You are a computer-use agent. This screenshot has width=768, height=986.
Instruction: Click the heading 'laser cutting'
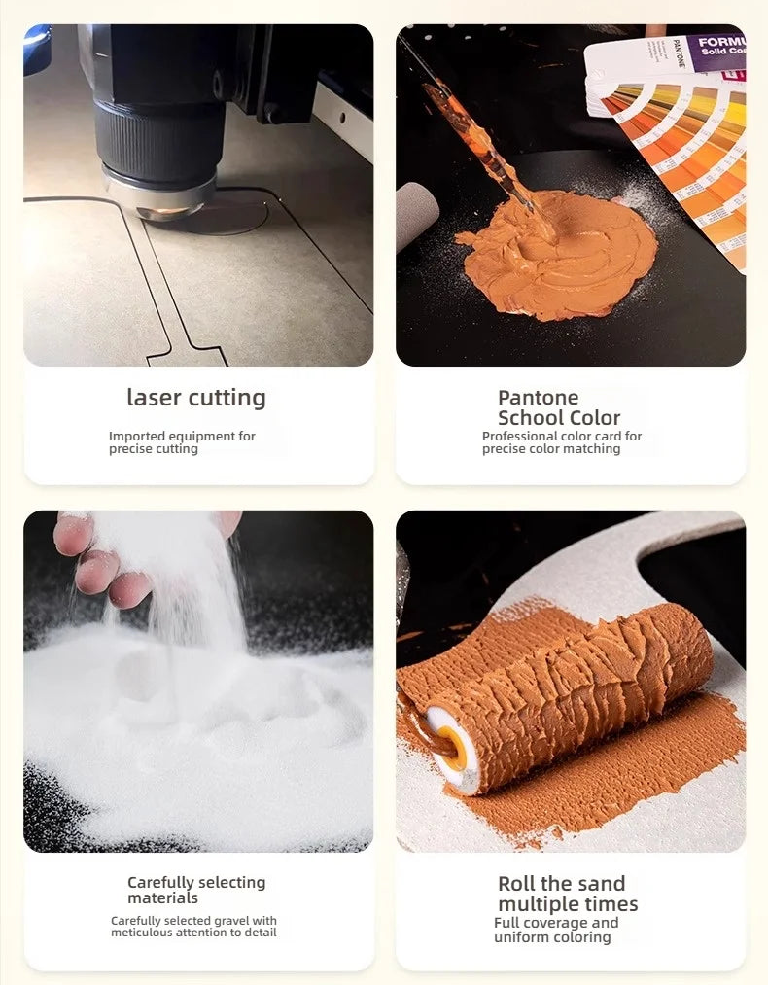[196, 398]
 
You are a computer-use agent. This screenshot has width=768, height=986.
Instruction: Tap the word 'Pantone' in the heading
[538, 398]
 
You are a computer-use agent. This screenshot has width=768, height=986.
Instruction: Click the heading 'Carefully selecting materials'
[196, 890]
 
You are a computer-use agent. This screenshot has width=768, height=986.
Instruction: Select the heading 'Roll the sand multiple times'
[568, 894]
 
